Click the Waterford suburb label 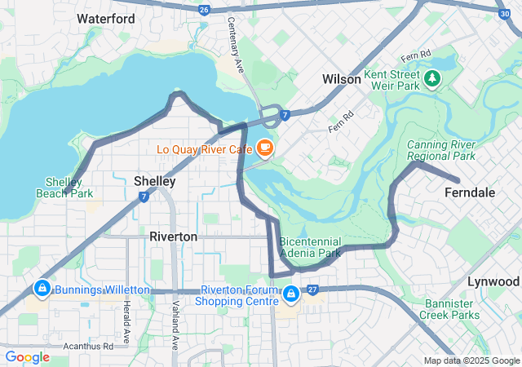pyautogui.click(x=106, y=18)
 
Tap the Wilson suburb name pyautogui.click(x=341, y=79)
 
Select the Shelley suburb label pyautogui.click(x=154, y=180)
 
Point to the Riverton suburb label pyautogui.click(x=173, y=237)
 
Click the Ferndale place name pyautogui.click(x=470, y=192)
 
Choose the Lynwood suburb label pyautogui.click(x=493, y=281)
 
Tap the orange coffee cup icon pyautogui.click(x=263, y=148)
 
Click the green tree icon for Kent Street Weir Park pyautogui.click(x=432, y=78)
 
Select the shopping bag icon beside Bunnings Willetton pyautogui.click(x=41, y=289)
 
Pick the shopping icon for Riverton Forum pyautogui.click(x=290, y=291)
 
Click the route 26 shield pyautogui.click(x=204, y=9)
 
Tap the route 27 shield pyautogui.click(x=312, y=290)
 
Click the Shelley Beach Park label pyautogui.click(x=64, y=188)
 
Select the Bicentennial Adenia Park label pyautogui.click(x=310, y=247)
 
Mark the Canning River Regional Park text pyautogui.click(x=440, y=150)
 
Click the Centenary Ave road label pyautogui.click(x=237, y=45)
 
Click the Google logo pyautogui.click(x=27, y=357)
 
